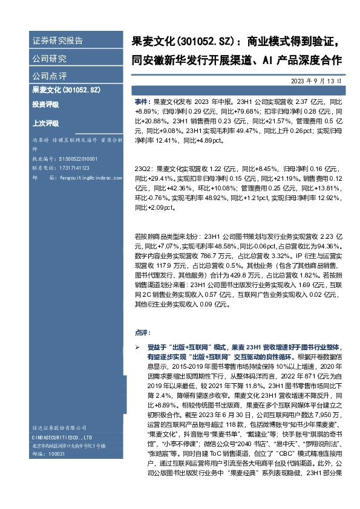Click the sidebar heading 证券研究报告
(x=57, y=41)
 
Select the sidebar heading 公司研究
(x=50, y=59)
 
